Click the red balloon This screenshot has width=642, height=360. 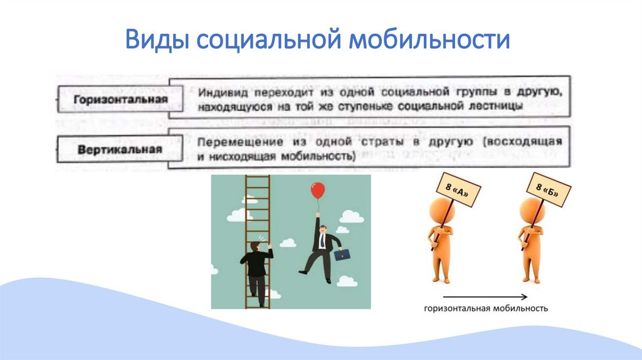[318, 191]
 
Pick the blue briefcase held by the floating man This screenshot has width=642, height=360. [342, 255]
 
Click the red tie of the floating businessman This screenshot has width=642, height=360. [322, 241]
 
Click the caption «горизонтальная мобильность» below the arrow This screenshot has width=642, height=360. [486, 309]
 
